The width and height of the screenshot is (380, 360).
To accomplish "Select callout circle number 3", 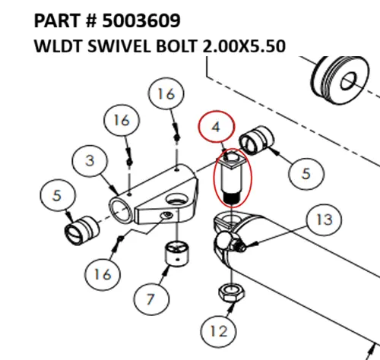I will tap(90, 160).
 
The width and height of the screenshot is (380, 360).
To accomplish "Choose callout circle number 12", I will tap(219, 331).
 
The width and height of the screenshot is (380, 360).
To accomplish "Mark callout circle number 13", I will tap(325, 221).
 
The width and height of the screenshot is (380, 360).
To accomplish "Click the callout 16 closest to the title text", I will tap(166, 95).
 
